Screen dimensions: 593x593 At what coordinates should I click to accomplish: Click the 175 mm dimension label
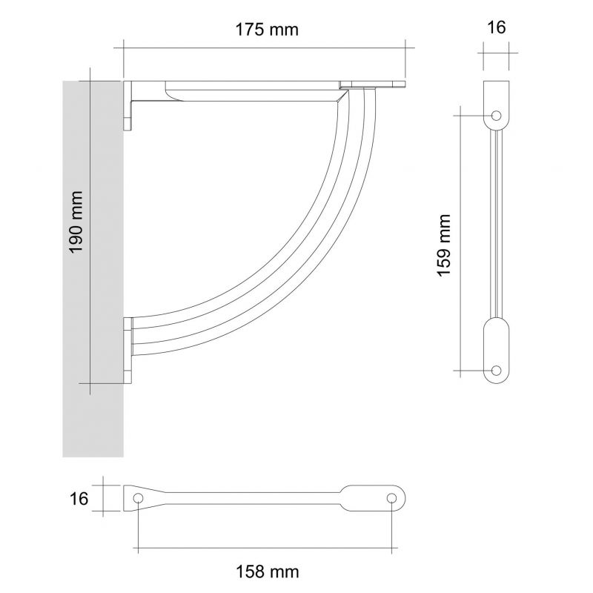[267, 30]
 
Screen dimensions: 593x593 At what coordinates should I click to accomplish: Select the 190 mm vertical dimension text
[76, 222]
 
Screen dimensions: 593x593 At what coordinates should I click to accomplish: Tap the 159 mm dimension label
[444, 245]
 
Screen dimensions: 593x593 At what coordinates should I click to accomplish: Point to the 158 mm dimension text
[268, 572]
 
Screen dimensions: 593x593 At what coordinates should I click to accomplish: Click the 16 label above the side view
[496, 27]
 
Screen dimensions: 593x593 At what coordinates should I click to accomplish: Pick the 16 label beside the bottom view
[79, 499]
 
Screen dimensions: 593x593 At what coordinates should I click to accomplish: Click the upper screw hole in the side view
[496, 115]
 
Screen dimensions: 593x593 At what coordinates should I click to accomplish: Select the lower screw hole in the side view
[496, 370]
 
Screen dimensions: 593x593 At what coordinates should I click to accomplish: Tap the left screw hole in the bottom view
[139, 498]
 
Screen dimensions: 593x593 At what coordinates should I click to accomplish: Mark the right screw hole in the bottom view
[392, 498]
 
